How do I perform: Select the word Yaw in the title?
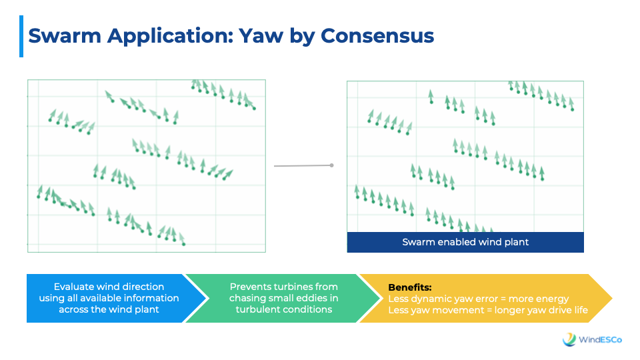coord(261,35)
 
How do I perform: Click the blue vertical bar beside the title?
coord(21,36)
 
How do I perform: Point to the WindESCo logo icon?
coord(569,339)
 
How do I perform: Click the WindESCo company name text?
coord(600,339)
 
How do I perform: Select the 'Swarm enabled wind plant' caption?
coord(465,242)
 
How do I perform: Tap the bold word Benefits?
coord(410,287)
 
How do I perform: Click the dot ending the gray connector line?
coord(332,165)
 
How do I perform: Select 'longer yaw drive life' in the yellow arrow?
coord(541,310)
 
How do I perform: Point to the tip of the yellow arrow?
coord(612,299)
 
